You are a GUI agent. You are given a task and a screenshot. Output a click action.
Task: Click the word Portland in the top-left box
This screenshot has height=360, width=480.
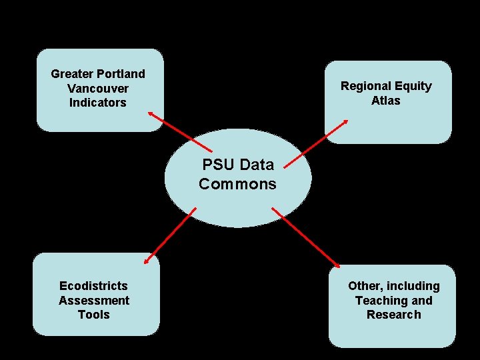point(121,73)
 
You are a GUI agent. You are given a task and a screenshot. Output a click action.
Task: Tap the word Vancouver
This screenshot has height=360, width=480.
point(98,88)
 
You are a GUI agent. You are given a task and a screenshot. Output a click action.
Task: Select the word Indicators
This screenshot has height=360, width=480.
point(98,103)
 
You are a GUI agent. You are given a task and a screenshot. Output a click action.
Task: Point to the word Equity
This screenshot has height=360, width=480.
point(415,86)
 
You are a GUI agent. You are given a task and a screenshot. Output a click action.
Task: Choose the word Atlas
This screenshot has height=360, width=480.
point(386,101)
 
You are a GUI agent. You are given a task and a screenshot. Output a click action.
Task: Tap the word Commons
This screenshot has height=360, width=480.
point(237,184)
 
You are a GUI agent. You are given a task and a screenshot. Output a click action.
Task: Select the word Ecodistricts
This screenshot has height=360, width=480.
point(93,286)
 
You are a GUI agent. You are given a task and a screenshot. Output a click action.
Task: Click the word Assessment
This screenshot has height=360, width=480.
point(94,301)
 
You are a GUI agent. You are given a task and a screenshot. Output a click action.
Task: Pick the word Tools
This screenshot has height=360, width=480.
point(94,315)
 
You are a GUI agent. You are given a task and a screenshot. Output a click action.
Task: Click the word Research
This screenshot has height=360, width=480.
point(393,315)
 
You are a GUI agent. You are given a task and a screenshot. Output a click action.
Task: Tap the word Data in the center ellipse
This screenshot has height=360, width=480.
point(257,165)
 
